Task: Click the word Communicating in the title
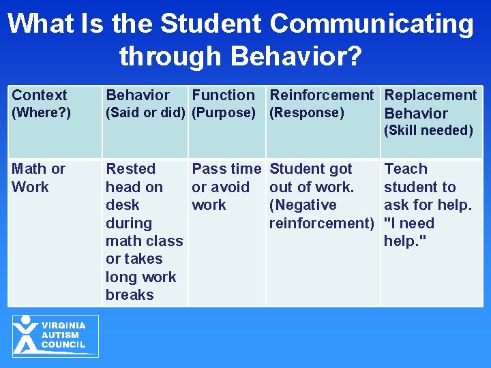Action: (372, 24)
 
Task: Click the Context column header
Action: (40, 95)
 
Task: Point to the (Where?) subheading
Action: (41, 112)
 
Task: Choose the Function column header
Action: (223, 95)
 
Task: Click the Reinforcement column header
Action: (322, 95)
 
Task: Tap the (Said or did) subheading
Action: (145, 112)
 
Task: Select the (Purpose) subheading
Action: (224, 112)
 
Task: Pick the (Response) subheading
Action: (307, 112)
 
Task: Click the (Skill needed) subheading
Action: (428, 130)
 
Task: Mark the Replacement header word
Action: (430, 95)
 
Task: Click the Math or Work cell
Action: (38, 177)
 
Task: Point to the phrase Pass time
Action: (226, 169)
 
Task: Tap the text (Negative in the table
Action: (303, 205)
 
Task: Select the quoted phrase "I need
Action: (409, 224)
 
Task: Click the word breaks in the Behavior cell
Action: (130, 295)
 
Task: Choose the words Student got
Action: (311, 169)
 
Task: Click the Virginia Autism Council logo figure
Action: (26, 335)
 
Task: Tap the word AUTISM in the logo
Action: (60, 335)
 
